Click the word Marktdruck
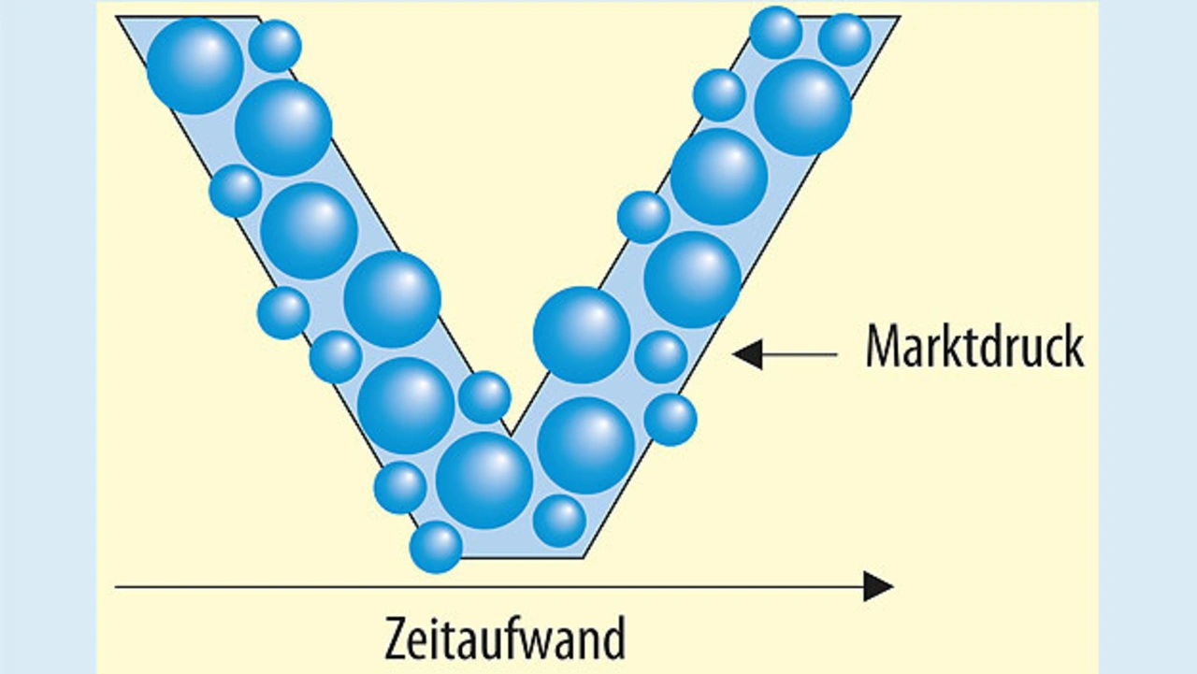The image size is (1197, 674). [974, 347]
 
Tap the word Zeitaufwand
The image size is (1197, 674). [504, 639]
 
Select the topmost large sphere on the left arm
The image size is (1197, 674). [195, 65]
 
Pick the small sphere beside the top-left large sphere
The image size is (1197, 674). [275, 46]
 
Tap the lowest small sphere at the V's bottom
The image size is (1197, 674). [436, 547]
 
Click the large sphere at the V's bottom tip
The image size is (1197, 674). [484, 480]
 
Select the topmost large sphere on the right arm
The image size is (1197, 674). [802, 107]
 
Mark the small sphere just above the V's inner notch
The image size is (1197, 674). [484, 397]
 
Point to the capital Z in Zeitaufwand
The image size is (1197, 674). [396, 639]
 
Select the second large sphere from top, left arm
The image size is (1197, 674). [283, 127]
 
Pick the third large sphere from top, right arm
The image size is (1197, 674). [693, 280]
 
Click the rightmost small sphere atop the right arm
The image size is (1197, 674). [844, 39]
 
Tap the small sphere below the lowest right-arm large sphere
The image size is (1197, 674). [560, 521]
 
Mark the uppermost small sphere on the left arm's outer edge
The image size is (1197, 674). [235, 191]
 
